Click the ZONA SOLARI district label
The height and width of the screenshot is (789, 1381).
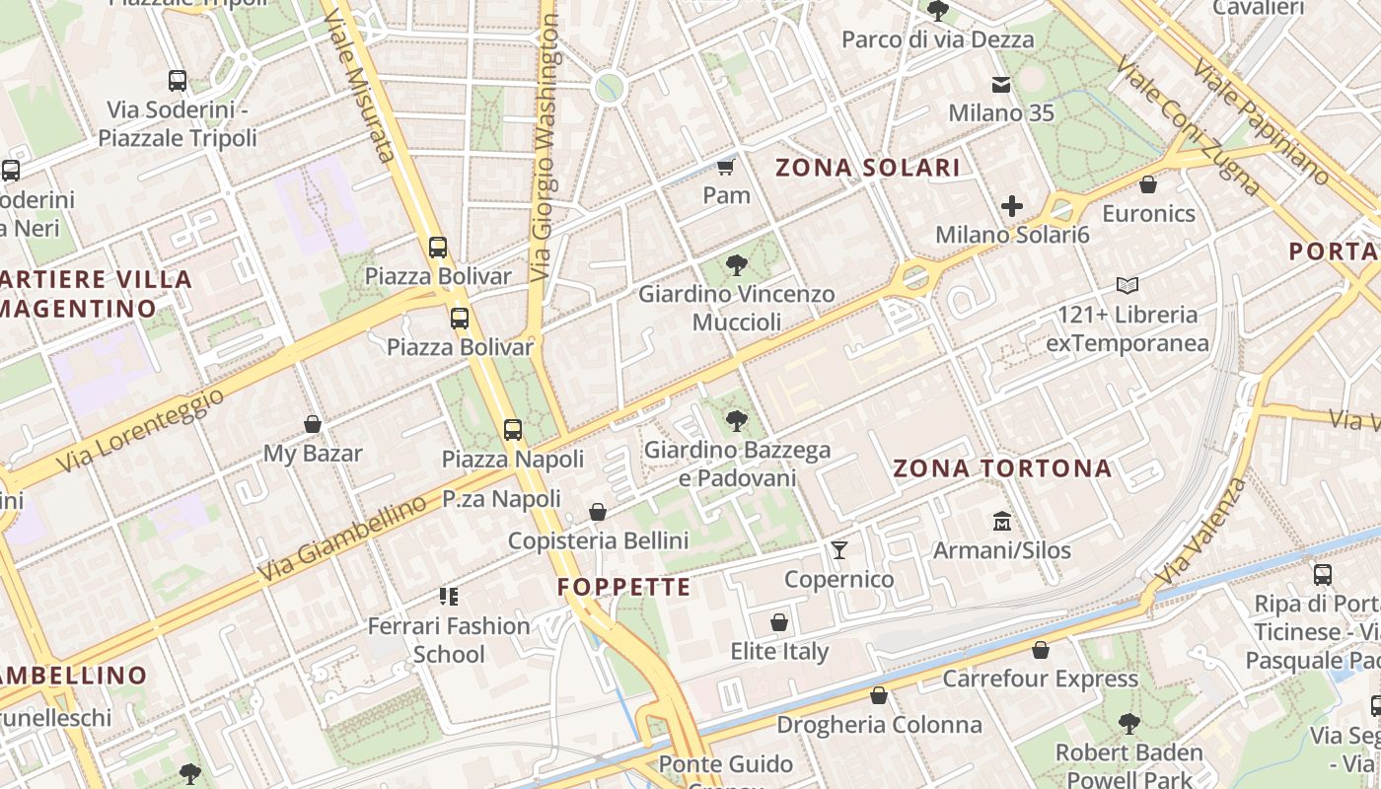coord(868,168)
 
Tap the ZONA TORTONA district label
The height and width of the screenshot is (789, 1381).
coord(1002,468)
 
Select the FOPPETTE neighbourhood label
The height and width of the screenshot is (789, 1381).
coord(623,588)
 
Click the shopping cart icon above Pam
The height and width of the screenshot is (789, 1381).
coord(726,167)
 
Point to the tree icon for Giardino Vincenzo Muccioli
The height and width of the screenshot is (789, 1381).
coord(736,264)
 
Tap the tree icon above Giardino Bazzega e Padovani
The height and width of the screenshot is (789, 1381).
coord(736,421)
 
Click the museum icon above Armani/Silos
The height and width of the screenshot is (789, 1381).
coord(1002,521)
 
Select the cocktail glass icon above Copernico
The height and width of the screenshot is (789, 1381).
coord(839,549)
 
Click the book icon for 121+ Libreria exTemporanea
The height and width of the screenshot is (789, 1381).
coord(1127,286)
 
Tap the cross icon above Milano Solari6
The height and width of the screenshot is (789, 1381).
coord(1012,206)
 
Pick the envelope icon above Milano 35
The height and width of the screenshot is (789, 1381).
coord(1001,85)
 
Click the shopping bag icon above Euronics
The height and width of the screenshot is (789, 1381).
coord(1148,184)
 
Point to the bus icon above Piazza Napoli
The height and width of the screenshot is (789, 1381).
coord(513,430)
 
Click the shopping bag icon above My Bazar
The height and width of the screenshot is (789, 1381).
coord(313,425)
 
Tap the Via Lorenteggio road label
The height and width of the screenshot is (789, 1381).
coord(140,430)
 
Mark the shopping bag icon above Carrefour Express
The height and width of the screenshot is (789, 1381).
coord(1040,650)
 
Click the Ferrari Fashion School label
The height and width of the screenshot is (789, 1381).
coord(449,640)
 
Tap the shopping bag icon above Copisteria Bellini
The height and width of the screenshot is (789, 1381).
coord(598,512)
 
